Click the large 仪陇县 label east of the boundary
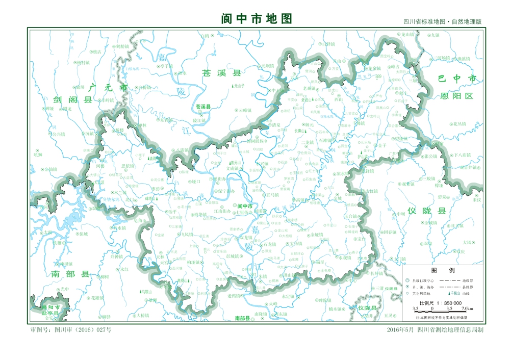(426, 211)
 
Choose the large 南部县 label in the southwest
(70, 274)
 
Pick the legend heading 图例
(439, 270)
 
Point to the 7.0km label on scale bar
(467, 308)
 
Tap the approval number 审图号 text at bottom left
(71, 330)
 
